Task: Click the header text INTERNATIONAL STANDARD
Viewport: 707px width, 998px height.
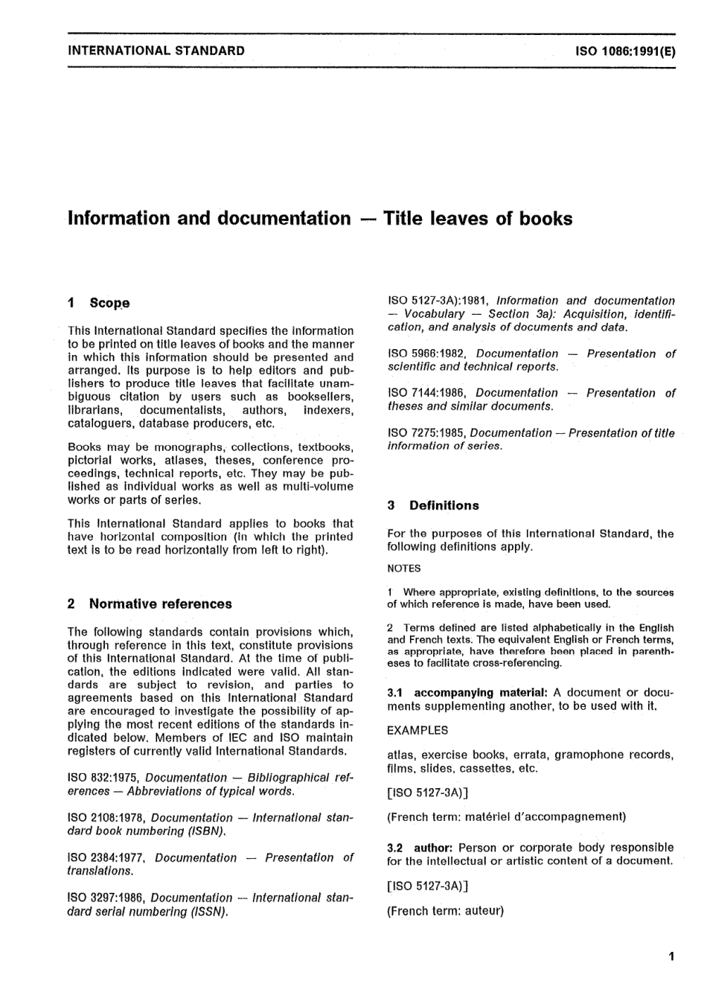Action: tap(156, 51)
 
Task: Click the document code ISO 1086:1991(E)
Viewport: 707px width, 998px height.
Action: tap(625, 51)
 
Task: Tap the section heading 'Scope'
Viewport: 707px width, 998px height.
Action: tap(109, 303)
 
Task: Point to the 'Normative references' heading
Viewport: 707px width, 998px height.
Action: tap(160, 604)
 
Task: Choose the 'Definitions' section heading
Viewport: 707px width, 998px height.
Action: tap(444, 505)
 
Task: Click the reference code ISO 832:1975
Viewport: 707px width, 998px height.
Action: tap(103, 778)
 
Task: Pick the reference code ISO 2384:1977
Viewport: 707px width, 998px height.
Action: tap(108, 857)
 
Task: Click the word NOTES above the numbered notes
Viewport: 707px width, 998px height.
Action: tap(404, 569)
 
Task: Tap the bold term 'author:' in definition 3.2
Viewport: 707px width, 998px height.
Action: tap(433, 848)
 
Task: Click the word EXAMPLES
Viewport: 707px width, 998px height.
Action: tap(418, 731)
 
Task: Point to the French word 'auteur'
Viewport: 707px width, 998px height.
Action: tap(483, 910)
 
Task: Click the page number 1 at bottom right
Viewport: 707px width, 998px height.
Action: tap(671, 957)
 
